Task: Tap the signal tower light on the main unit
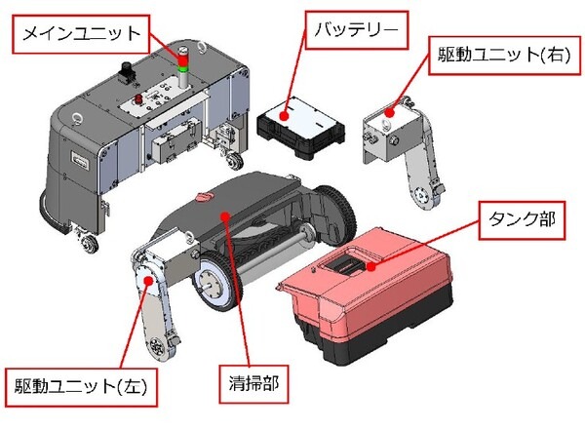pyautogui.click(x=182, y=63)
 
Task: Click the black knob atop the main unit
pyautogui.click(x=126, y=69)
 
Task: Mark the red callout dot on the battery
pyautogui.click(x=285, y=115)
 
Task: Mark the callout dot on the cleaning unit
pyautogui.click(x=225, y=213)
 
